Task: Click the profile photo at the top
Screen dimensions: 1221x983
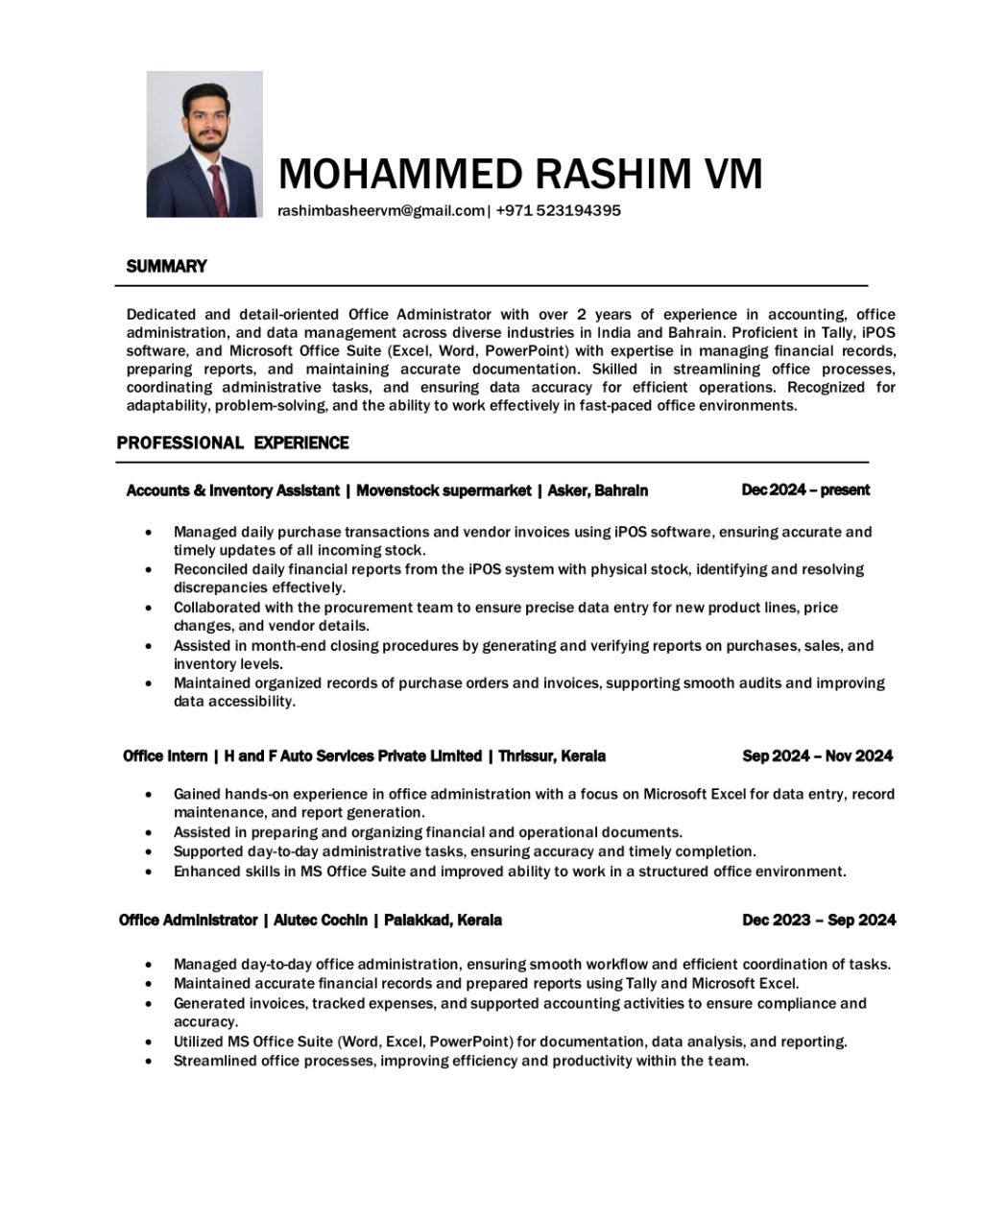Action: [204, 144]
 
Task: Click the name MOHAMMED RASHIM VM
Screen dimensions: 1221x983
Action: [520, 174]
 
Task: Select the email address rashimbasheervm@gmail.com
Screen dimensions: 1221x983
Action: [381, 211]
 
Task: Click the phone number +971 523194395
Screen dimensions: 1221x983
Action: [558, 211]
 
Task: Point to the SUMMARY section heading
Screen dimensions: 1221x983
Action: [166, 266]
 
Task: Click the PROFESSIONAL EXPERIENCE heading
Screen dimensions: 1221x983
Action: [232, 443]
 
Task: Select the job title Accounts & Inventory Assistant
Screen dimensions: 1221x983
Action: [232, 491]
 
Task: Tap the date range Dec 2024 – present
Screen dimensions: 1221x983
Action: [805, 490]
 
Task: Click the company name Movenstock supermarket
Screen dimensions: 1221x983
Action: [444, 491]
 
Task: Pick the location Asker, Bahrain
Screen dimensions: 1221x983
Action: [597, 491]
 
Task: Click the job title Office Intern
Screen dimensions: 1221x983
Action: [164, 756]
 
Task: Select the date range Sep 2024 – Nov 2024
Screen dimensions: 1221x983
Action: [817, 756]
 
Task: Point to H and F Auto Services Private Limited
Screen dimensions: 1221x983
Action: [352, 756]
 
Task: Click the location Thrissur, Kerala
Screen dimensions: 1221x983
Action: [551, 756]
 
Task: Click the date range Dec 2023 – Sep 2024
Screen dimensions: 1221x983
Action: [819, 920]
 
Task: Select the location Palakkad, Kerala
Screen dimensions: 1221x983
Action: [443, 920]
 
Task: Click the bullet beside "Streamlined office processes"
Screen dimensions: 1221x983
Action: [148, 1062]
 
